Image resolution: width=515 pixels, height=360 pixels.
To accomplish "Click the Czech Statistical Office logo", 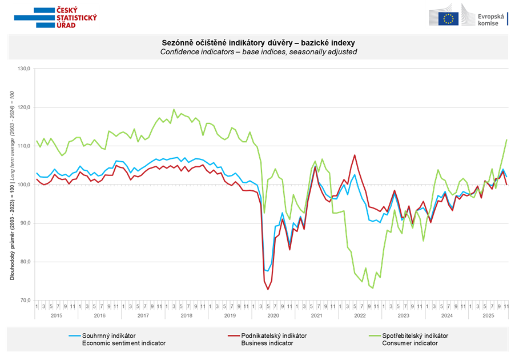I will [x=56, y=17].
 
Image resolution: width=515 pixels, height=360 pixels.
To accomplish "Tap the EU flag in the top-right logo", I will [x=449, y=18].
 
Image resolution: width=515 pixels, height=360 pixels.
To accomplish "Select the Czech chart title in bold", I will [x=258, y=43].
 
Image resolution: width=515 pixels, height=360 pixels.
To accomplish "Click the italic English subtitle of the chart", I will [x=258, y=51].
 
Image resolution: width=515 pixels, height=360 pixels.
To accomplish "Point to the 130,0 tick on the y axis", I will [x=26, y=69].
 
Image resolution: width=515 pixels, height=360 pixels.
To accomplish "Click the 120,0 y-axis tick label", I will [x=26, y=107].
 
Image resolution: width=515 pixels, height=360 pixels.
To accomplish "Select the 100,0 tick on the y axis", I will [x=26, y=185].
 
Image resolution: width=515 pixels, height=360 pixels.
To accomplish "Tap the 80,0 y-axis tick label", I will [x=26, y=262].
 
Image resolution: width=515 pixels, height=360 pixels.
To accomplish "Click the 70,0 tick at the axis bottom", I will [x=26, y=300].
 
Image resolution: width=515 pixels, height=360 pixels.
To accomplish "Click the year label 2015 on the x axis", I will [x=57, y=315].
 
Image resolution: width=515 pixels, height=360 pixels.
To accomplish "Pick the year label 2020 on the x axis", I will [x=273, y=315].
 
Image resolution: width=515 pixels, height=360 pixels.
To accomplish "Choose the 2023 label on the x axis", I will [x=403, y=315].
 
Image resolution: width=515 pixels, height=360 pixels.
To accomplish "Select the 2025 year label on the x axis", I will [x=488, y=315].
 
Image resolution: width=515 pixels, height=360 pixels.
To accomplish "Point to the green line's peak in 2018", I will [x=174, y=109].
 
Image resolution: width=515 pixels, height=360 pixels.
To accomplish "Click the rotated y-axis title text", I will [x=12, y=185].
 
